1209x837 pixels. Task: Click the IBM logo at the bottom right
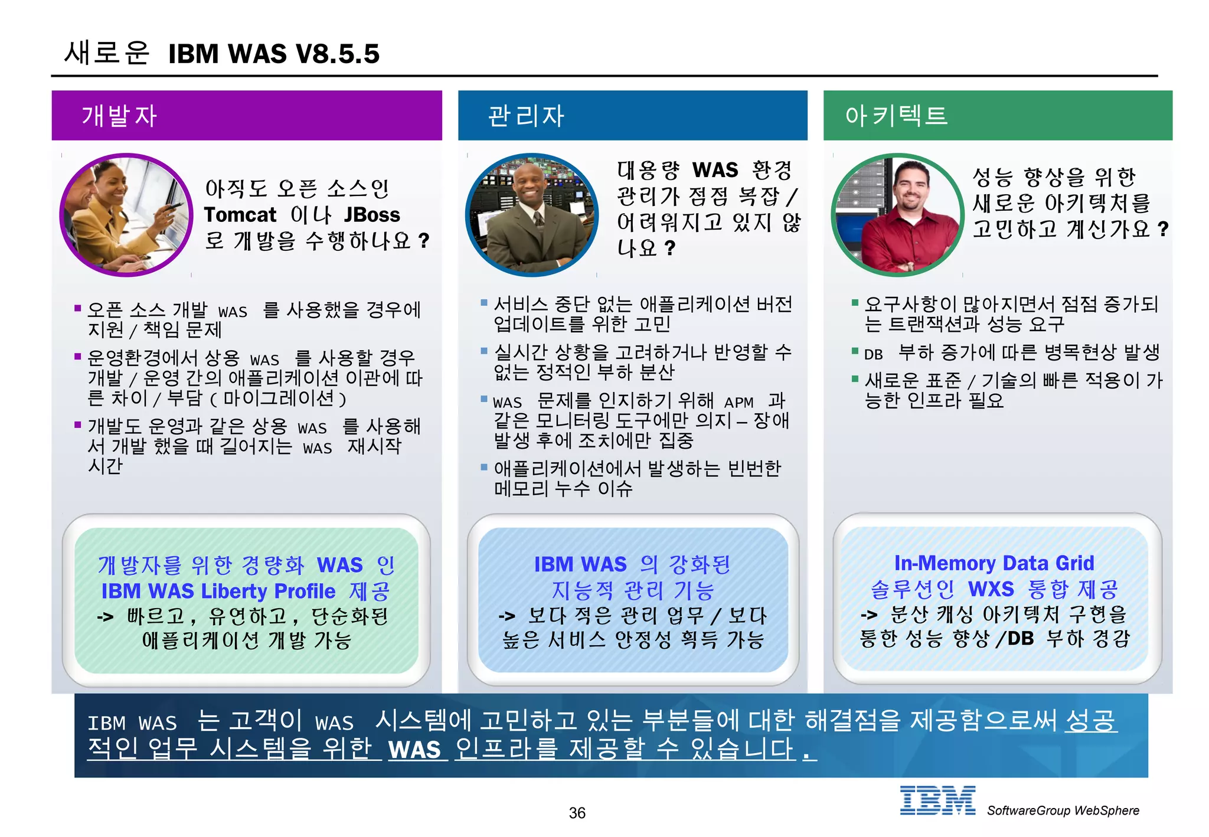point(937,800)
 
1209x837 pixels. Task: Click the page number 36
point(577,813)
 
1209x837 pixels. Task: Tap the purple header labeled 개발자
point(247,115)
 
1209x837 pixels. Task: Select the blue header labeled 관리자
point(632,115)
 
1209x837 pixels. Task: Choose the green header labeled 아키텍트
point(998,115)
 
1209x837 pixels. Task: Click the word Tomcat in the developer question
point(240,214)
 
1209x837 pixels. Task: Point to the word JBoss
point(372,214)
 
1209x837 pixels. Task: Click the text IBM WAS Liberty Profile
point(218,591)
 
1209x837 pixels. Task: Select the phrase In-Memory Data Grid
point(994,563)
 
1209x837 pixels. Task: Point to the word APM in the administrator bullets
point(739,403)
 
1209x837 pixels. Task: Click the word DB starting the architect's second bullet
point(873,354)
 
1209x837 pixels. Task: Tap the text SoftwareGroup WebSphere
point(1063,810)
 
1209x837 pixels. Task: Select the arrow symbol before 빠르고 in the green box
point(105,617)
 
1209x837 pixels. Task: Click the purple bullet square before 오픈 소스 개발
point(77,308)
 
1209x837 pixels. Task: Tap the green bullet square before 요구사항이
point(854,303)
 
